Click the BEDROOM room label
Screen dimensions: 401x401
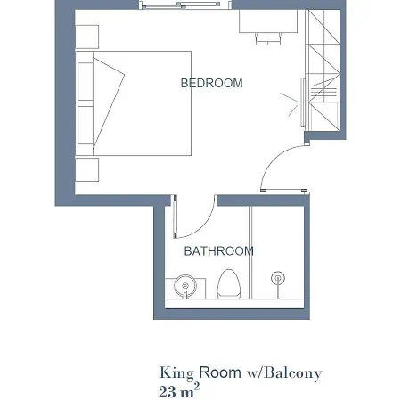[x=211, y=83]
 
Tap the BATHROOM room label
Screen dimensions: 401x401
[x=218, y=251]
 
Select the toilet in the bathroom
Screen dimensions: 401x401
[x=228, y=284]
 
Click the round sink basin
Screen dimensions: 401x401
[x=185, y=286]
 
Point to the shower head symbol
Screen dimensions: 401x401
[x=278, y=278]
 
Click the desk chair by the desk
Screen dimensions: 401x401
[x=268, y=38]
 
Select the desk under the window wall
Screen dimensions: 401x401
[x=268, y=20]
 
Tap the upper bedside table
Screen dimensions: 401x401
[x=86, y=37]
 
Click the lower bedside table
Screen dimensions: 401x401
[x=86, y=169]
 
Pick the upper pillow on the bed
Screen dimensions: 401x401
[x=86, y=81]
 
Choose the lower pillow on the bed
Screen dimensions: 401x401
[x=86, y=126]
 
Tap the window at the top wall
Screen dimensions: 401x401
[x=185, y=4]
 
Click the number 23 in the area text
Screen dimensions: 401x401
[x=168, y=392]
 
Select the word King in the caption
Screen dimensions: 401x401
[x=176, y=373]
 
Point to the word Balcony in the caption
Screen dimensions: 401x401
[x=293, y=373]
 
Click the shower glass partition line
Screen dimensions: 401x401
[x=250, y=252]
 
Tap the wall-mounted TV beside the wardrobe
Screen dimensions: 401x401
[x=303, y=102]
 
